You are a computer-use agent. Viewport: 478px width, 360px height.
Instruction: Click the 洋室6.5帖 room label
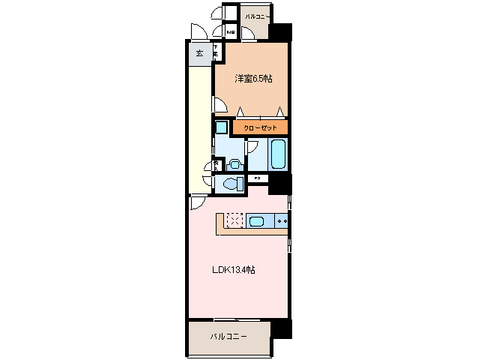252,78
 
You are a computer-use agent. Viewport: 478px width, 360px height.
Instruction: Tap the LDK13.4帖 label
234,269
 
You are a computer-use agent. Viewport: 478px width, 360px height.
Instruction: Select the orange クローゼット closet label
259,128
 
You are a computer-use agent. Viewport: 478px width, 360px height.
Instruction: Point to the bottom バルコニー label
229,336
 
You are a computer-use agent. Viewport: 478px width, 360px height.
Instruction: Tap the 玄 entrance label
199,53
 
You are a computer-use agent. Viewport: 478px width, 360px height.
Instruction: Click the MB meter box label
231,33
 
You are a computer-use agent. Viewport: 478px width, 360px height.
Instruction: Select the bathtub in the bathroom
276,154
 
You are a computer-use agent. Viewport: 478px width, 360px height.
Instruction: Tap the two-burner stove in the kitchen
282,221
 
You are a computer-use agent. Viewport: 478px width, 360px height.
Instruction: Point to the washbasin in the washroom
235,162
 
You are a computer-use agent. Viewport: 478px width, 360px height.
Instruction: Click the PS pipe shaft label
256,178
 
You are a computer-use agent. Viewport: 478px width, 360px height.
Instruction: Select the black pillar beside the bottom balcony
280,328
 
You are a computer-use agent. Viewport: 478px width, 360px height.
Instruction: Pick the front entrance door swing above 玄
199,33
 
